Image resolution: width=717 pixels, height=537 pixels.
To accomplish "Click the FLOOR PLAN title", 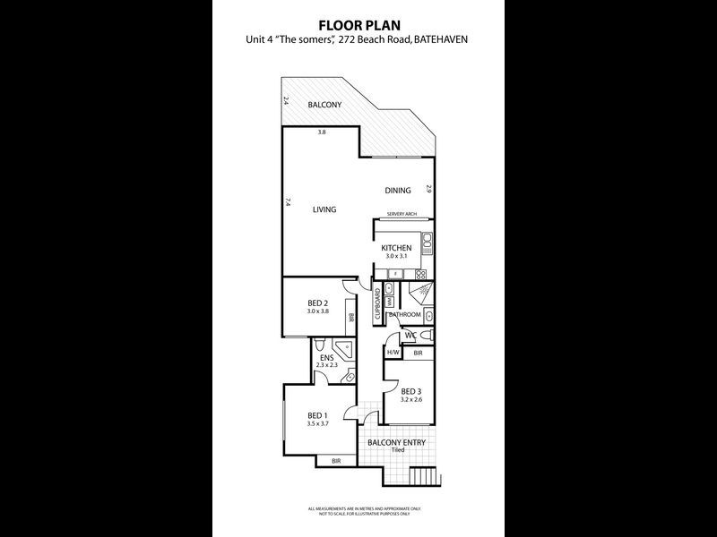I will point(358,25).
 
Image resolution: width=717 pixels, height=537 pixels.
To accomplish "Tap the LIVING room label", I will point(324,210).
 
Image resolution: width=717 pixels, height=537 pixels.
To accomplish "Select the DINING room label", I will point(398,190).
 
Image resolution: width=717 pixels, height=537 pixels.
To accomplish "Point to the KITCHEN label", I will point(396,248).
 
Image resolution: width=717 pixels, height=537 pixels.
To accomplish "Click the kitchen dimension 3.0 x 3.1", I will point(396,257).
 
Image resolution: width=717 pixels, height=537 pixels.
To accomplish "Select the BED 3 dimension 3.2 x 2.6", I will point(410,401).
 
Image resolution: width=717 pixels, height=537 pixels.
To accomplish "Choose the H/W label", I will point(393,354).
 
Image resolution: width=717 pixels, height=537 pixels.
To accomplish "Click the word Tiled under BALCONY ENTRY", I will point(397,449).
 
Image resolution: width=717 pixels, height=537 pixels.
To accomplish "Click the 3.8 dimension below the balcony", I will point(322,133).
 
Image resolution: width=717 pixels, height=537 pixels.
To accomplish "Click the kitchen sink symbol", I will point(428,240).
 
